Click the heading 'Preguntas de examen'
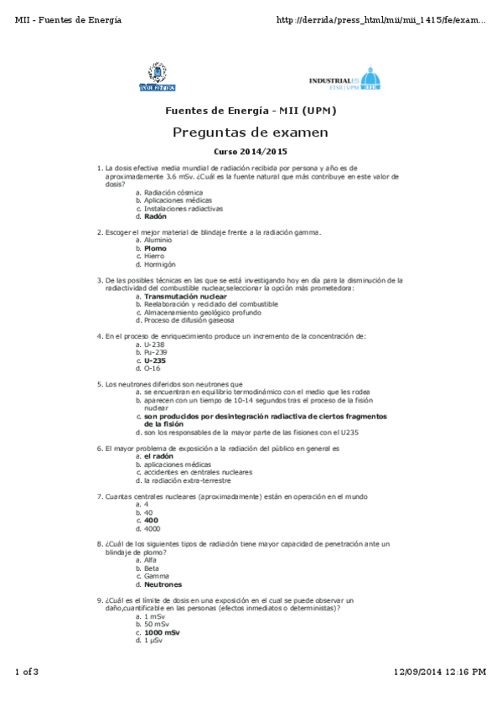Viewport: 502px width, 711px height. (x=251, y=132)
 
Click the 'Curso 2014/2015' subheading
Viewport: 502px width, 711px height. (x=251, y=152)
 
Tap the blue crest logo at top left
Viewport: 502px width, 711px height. (x=157, y=77)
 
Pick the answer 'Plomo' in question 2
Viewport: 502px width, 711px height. (x=155, y=248)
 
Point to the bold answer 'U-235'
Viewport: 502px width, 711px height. (x=155, y=360)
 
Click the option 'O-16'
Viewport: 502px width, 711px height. (x=152, y=368)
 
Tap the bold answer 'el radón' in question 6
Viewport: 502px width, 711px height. (x=158, y=456)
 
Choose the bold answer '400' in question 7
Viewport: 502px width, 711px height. (x=151, y=520)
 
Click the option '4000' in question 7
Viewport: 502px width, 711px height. (x=152, y=528)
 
